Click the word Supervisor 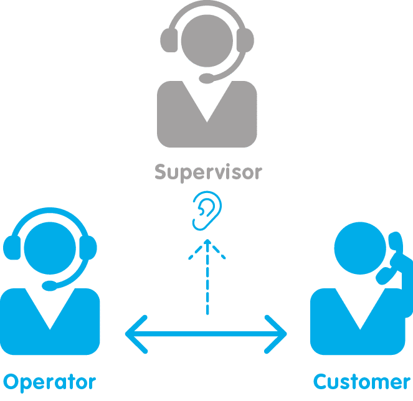coord(208,172)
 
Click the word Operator coord(49,382)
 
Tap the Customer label coord(362,382)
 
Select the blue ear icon coord(207,210)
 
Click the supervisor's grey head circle coord(207,41)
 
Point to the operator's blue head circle coord(50,248)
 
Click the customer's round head coord(360,248)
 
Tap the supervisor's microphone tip coord(207,78)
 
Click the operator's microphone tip coord(49,286)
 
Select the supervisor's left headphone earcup coord(169,40)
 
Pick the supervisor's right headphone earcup coord(245,40)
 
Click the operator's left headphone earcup coord(12,248)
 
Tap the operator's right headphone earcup coord(88,248)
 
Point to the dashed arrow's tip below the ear coord(207,240)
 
